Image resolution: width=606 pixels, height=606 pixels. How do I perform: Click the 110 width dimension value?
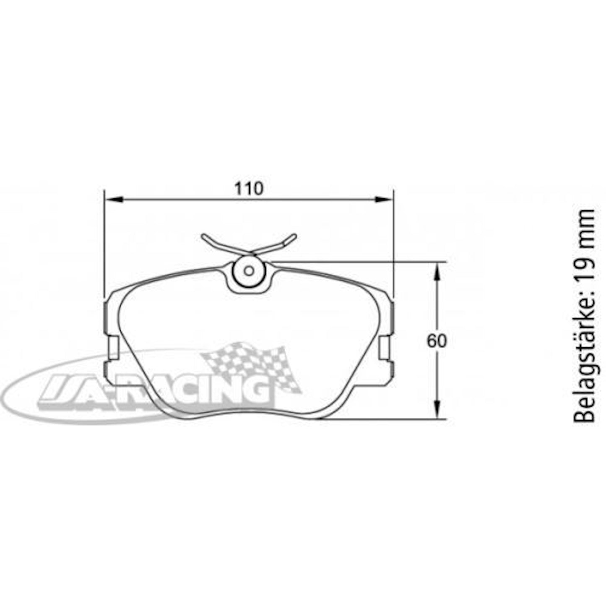coord(249,189)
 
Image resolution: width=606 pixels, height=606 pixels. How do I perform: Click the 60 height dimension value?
coord(437,341)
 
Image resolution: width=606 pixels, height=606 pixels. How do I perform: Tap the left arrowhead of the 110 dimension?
coord(113,199)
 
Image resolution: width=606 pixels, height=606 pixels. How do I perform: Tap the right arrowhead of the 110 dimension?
coord(384,199)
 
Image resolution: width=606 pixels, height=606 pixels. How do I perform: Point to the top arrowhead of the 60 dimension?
coord(437,271)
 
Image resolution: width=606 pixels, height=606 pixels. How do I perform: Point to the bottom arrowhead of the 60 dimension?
coord(437,409)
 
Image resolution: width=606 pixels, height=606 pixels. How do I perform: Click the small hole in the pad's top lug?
coord(249,271)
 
